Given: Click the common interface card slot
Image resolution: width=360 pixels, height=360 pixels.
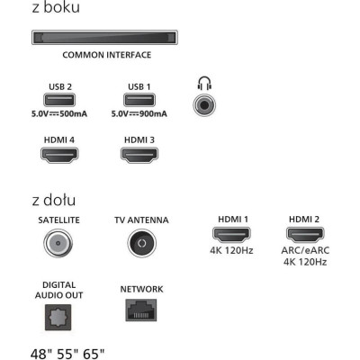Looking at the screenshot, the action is click(x=104, y=38).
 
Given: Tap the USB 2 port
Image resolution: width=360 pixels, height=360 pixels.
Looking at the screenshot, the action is click(x=59, y=100).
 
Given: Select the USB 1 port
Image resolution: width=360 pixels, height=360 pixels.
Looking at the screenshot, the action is click(x=139, y=100).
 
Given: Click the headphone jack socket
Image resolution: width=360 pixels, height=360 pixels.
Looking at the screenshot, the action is click(x=204, y=105).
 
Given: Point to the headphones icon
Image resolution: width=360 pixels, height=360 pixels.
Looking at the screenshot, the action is click(x=204, y=83).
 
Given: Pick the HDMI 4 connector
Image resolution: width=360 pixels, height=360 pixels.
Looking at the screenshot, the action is click(x=59, y=155).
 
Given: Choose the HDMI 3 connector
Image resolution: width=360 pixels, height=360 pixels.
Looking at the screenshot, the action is click(x=139, y=155).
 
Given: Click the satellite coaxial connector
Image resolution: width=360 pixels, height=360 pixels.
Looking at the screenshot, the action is click(x=58, y=243).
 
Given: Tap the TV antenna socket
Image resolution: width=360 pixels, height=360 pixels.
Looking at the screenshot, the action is click(x=142, y=243).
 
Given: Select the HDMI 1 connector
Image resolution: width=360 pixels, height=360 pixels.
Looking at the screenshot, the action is click(x=231, y=235).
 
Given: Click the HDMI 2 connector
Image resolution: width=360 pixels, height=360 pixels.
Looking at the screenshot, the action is click(x=305, y=235).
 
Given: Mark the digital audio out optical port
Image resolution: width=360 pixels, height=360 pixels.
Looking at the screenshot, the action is click(x=58, y=318).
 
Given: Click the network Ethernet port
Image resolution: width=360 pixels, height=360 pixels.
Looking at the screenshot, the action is click(x=141, y=310).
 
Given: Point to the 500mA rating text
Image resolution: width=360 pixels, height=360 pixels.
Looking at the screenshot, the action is click(x=73, y=114).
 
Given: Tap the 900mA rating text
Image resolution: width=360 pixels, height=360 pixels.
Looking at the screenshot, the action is click(x=153, y=114).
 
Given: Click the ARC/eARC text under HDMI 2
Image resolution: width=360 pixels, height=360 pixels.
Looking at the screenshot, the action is click(x=305, y=250).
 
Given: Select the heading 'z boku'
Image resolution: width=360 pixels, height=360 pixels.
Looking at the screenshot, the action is click(x=56, y=7).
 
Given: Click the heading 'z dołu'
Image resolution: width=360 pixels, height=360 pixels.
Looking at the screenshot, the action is click(x=54, y=200).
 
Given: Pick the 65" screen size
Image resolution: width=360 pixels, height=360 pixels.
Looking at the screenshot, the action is click(x=94, y=354).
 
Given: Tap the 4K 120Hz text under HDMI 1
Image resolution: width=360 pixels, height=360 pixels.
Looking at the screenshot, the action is click(x=231, y=250).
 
